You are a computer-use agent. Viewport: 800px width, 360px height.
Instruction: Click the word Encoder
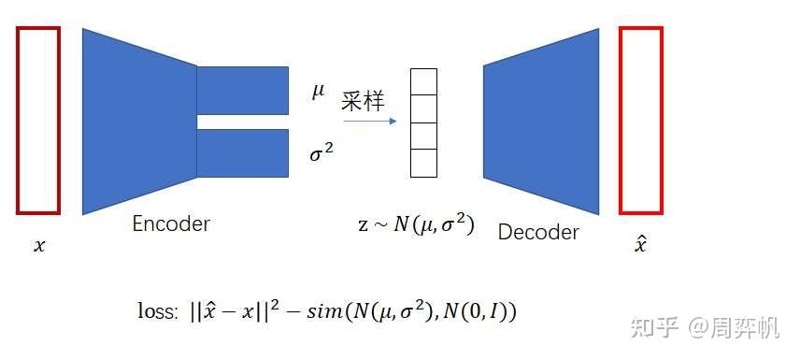coord(171,224)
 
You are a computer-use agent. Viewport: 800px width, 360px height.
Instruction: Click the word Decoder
coord(538,232)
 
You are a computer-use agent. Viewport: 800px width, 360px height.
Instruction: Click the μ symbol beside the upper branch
coord(319,92)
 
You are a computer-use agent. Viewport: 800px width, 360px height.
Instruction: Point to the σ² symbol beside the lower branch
coord(321,153)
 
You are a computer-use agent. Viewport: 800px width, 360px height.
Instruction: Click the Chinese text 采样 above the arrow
coord(363,101)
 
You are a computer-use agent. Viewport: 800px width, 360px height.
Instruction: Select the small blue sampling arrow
coord(368,121)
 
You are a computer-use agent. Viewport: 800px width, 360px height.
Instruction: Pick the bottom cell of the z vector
coord(424,163)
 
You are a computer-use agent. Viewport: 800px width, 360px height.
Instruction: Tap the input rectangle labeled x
coord(38,120)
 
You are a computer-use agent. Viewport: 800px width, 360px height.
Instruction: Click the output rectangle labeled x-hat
coord(641,120)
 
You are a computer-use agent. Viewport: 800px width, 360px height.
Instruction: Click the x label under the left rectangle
coord(38,247)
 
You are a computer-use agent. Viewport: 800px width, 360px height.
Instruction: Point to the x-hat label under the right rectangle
coord(640,244)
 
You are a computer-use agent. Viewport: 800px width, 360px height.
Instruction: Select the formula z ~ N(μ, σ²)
coord(416,225)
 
